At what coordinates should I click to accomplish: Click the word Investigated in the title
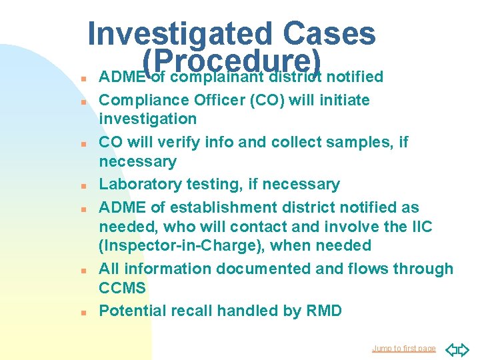[x=180, y=33]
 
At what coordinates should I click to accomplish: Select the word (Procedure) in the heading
[x=232, y=61]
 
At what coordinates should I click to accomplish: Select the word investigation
[x=148, y=119]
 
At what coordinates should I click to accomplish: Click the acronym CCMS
[x=122, y=288]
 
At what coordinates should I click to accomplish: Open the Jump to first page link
[x=404, y=348]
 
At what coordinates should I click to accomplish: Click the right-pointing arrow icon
[x=465, y=348]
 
